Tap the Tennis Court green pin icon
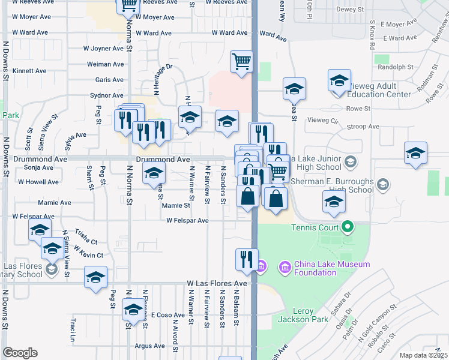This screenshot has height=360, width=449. click(x=346, y=227)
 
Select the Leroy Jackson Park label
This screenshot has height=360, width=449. click(x=304, y=316)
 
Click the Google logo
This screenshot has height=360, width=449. click(x=20, y=353)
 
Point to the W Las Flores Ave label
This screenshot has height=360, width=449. click(x=217, y=283)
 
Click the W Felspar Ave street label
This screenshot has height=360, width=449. click(x=187, y=221)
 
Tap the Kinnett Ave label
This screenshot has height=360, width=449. click(x=29, y=71)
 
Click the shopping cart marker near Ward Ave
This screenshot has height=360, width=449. click(x=241, y=61)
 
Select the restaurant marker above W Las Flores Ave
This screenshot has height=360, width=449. click(x=247, y=259)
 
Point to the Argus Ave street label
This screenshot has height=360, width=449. click(x=149, y=346)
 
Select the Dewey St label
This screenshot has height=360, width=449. click(x=351, y=10)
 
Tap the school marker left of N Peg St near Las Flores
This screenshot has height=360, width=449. click(x=95, y=277)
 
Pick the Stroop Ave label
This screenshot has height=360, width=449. click(x=366, y=127)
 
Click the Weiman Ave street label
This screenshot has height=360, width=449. click(x=106, y=64)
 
